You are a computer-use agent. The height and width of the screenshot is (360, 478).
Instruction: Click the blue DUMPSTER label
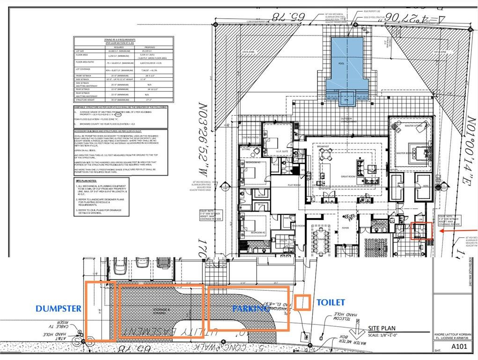click(x=59, y=309)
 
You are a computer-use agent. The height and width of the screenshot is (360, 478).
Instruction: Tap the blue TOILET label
click(x=330, y=303)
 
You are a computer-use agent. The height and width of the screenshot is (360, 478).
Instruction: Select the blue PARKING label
click(x=250, y=309)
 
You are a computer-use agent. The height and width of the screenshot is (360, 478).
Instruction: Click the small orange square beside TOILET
click(x=302, y=302)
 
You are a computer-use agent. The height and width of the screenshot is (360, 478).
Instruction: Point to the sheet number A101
click(x=459, y=347)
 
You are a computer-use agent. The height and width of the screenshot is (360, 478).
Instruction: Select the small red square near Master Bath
click(x=421, y=231)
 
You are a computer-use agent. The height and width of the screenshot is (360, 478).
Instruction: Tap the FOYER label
click(x=345, y=228)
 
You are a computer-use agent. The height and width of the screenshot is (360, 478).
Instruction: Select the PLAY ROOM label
click(x=294, y=185)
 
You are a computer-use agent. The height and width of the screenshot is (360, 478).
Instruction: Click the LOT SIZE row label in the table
click(x=81, y=51)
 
